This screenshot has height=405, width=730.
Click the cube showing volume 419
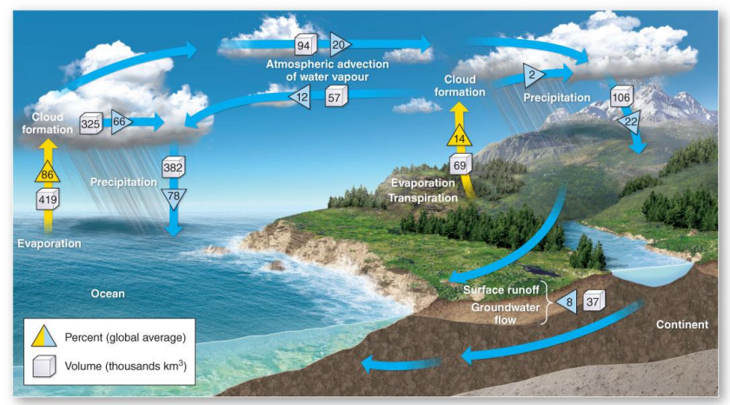click(x=48, y=200)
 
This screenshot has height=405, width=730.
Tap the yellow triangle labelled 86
click(x=48, y=174)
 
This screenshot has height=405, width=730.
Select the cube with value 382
click(x=174, y=166)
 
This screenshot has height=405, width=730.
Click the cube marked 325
click(x=91, y=123)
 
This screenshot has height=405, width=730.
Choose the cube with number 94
click(x=304, y=44)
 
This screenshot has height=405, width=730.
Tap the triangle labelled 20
click(x=339, y=43)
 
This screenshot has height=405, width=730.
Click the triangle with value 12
click(x=301, y=97)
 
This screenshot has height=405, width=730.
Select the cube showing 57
click(x=335, y=96)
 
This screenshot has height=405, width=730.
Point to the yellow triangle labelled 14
click(x=460, y=136)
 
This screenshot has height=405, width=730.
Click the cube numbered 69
click(x=461, y=164)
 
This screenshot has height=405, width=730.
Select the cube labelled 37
click(x=594, y=302)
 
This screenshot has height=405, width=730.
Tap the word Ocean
click(x=108, y=294)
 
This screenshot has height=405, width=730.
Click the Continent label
click(x=682, y=325)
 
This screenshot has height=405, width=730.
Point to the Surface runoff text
click(x=500, y=289)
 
